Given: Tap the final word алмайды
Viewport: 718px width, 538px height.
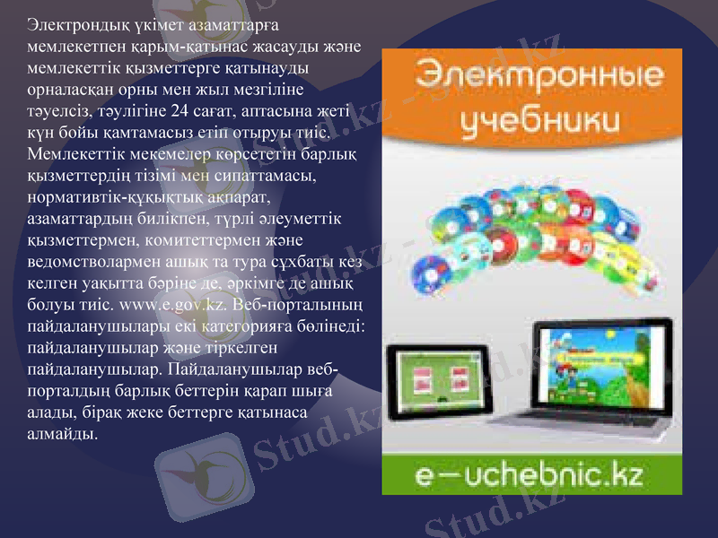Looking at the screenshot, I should tap(62, 434).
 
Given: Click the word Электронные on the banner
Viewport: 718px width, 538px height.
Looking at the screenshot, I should tap(532, 79).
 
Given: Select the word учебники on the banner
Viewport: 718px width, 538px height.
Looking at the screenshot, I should tap(532, 120).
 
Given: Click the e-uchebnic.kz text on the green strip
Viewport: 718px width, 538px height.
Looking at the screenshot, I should tap(531, 471).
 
